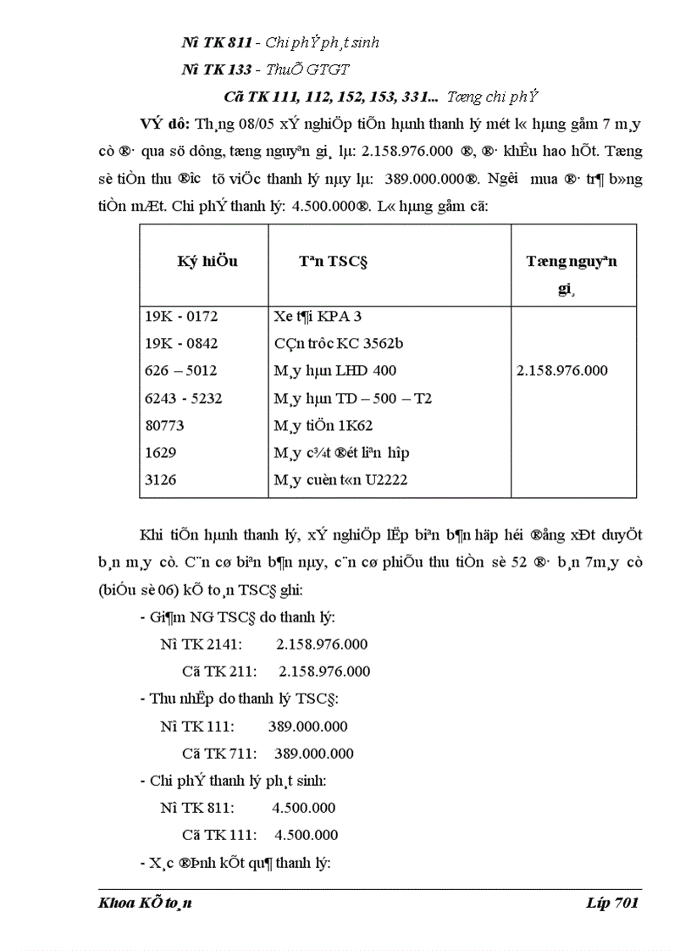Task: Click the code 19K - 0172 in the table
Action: click(181, 316)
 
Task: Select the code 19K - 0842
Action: click(181, 343)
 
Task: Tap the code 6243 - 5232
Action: click(183, 397)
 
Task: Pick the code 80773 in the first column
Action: click(164, 424)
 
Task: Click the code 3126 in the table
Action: click(160, 479)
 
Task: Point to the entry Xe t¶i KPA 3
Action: click(318, 316)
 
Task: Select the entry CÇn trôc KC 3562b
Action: click(339, 343)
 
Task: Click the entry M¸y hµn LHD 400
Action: click(335, 370)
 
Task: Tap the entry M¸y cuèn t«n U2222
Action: click(341, 479)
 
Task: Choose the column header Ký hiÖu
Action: click(207, 261)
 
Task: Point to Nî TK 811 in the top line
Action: click(216, 42)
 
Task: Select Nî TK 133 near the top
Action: click(216, 69)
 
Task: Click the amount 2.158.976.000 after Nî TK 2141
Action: click(322, 644)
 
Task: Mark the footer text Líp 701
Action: click(611, 903)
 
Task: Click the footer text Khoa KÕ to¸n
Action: click(146, 903)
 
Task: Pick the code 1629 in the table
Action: click(160, 452)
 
